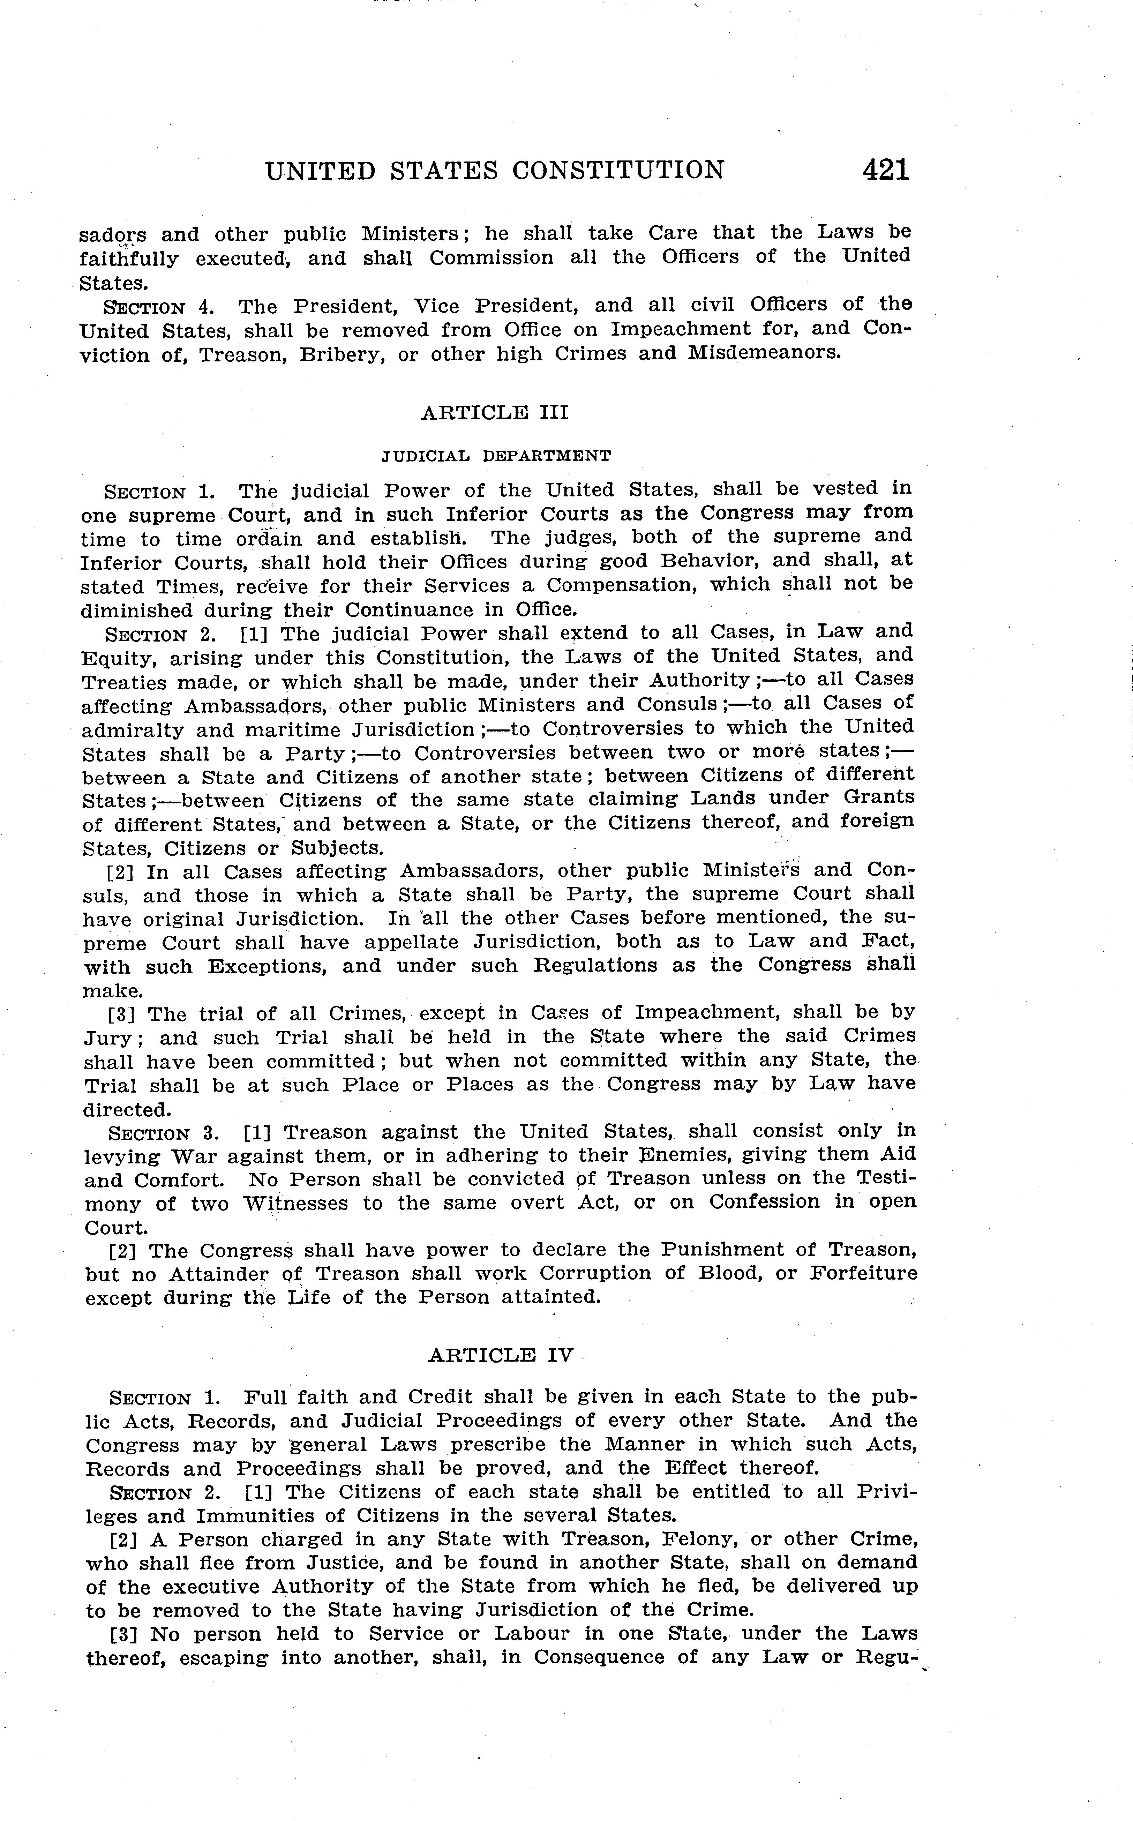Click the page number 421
coord(886,170)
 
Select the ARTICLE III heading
coord(495,413)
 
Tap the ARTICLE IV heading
coord(501,1355)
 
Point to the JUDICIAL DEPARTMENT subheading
coord(496,455)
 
